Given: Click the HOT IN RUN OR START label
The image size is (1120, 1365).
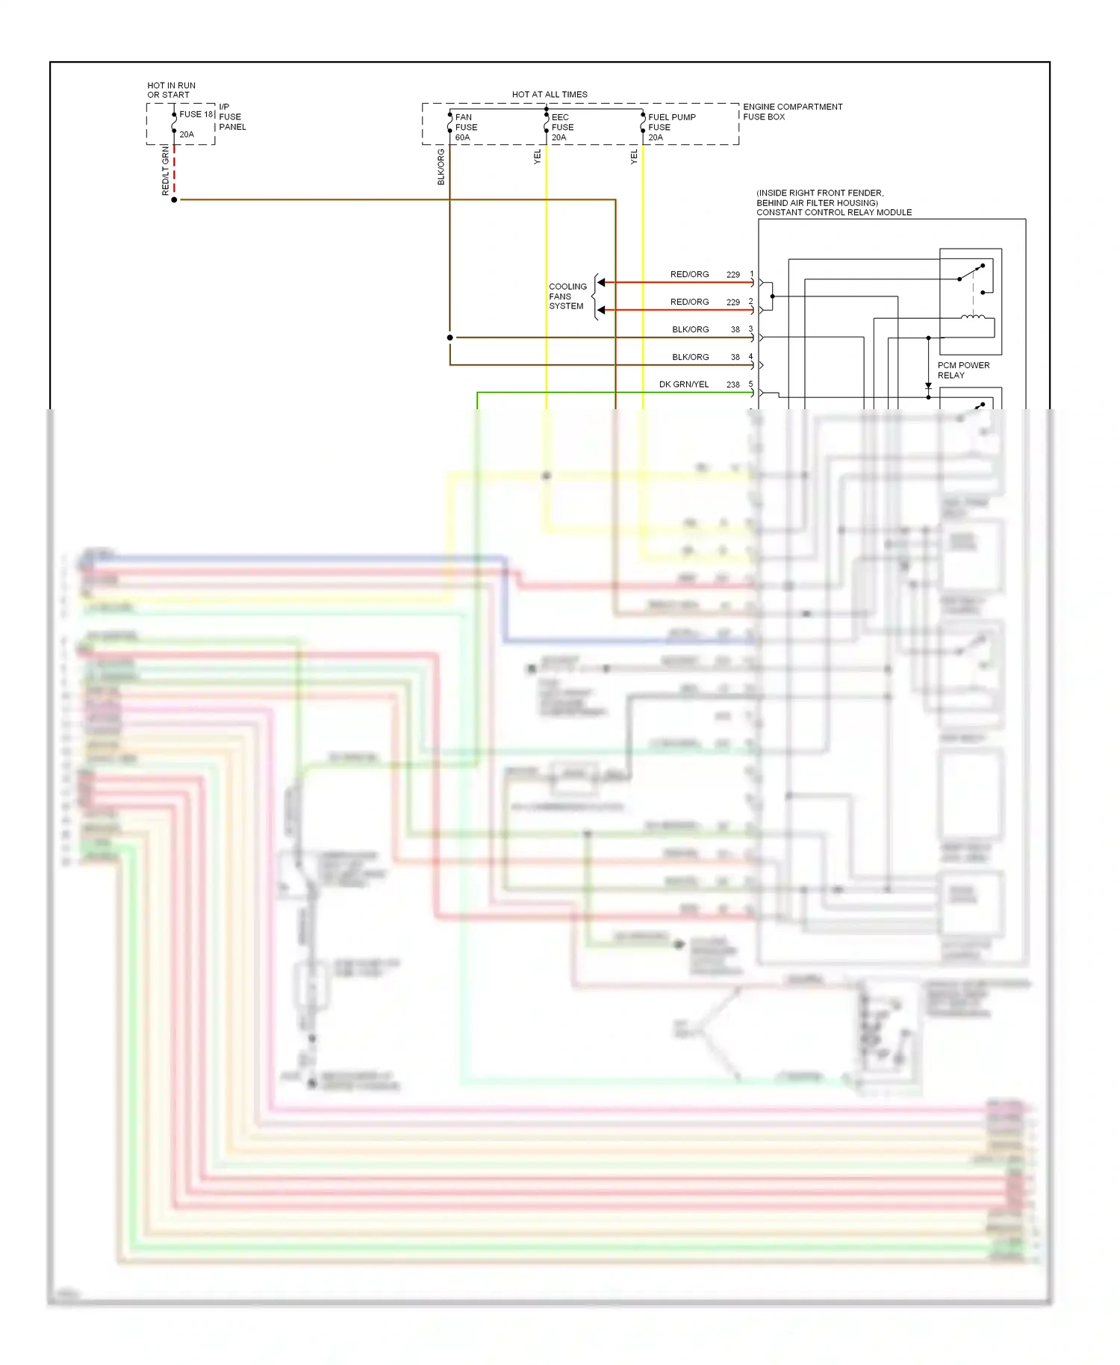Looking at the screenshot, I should pos(171,90).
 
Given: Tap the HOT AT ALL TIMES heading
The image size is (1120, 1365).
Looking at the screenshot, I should pos(550,95).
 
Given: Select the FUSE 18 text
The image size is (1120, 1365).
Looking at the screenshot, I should pos(196,114).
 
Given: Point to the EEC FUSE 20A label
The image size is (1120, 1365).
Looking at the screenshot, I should pos(562,127).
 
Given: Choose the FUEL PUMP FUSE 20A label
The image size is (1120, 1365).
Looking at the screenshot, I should pos(671,127).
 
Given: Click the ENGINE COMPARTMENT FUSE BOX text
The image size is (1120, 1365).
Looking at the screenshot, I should pos(792,112).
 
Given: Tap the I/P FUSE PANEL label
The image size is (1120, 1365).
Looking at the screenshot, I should pos(231,116).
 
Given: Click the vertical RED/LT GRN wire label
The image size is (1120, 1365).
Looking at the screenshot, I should pos(166,171).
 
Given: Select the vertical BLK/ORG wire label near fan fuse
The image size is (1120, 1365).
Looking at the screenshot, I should pos(441,167).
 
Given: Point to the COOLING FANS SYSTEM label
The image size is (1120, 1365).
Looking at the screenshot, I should pos(567,296).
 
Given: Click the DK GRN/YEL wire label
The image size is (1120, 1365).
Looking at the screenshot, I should pos(683,385).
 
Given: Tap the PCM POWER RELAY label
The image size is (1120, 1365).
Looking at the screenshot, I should pos(963,370).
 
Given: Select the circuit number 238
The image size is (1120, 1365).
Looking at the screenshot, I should pos(732,385).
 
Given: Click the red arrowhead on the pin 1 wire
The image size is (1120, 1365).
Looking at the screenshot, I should pos(601,282).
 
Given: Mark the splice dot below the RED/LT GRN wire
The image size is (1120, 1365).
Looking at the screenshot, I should pos(174,200).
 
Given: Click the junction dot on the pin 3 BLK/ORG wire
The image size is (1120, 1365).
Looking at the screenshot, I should pos(450,338).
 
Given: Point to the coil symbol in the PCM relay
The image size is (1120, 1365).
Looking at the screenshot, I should pos(972,317).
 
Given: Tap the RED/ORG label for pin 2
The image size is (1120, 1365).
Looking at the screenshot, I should pos(689,302).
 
